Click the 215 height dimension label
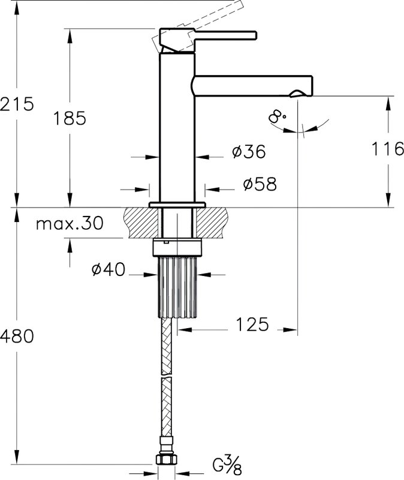[17, 104]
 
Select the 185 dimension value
[70, 118]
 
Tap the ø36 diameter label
[249, 151]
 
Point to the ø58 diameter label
[260, 184]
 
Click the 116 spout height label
[387, 149]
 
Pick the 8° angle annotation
[278, 116]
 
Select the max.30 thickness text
[70, 223]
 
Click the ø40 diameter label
[108, 269]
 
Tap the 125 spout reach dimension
[252, 324]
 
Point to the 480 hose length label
[17, 336]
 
